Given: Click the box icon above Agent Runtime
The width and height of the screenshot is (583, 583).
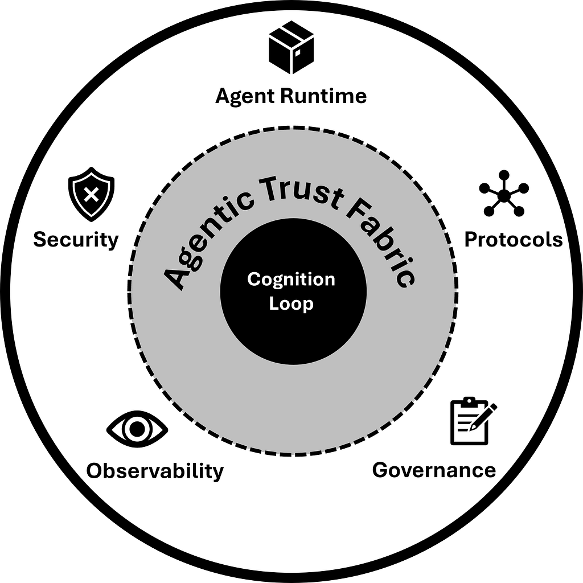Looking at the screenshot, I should [x=291, y=52].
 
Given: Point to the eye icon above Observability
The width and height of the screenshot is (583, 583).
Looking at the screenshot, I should [x=137, y=429].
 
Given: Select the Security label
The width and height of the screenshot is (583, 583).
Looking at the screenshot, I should [x=76, y=239].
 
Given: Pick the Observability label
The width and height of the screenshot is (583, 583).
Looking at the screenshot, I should [x=155, y=471].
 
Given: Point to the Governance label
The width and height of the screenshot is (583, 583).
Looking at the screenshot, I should [x=434, y=470].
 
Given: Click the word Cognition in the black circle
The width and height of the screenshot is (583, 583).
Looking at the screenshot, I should [x=291, y=280].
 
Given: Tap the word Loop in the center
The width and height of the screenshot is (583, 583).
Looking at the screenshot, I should [x=291, y=303].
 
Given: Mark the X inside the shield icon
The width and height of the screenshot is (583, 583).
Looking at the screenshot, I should [x=91, y=195].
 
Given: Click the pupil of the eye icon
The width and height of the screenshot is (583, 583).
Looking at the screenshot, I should [x=137, y=429].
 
